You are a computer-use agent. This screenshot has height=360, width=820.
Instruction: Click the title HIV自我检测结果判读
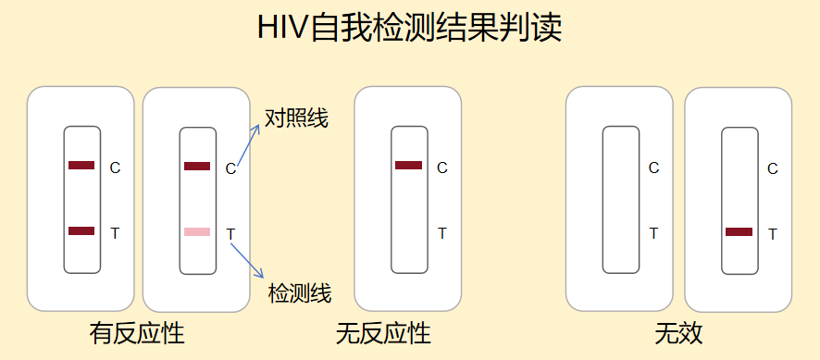[410, 29]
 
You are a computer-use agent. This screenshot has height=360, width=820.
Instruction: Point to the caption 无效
[679, 333]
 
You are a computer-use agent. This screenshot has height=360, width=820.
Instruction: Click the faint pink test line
[197, 231]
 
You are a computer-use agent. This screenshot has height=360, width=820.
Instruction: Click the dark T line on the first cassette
[81, 230]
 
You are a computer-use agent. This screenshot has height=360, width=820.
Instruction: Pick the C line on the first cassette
[81, 166]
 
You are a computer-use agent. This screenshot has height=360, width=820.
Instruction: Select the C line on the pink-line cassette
[197, 167]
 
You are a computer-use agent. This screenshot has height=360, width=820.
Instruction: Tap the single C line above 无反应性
[408, 166]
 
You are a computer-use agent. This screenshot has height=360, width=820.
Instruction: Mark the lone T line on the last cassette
[739, 231]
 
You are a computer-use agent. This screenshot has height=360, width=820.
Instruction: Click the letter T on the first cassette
[115, 233]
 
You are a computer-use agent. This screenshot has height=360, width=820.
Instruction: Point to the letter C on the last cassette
[773, 168]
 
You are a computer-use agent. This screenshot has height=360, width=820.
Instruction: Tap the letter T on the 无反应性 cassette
[442, 233]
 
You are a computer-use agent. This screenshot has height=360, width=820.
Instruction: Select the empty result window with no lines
[620, 200]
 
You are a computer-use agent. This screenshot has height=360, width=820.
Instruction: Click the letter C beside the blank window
[654, 168]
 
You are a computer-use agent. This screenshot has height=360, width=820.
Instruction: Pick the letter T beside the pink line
[230, 233]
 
